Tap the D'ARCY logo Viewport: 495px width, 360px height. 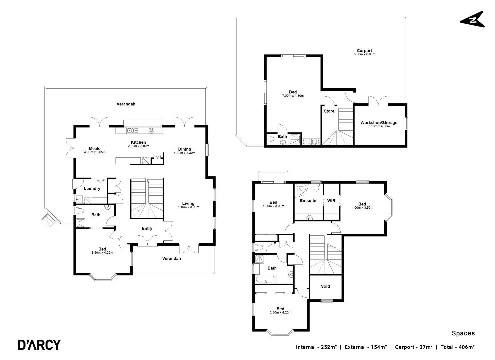pos(39,345)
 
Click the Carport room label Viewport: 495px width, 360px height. pos(364,51)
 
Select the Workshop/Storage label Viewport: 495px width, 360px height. pos(379,123)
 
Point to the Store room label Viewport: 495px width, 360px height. pos(329,111)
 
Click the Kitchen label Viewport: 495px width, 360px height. pos(138,142)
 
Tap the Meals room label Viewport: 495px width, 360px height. pos(94,149)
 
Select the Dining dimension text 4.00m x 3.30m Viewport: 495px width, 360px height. pos(184,153)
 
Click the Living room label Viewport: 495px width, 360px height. pos(188,203)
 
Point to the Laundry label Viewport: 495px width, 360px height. pos(92,188)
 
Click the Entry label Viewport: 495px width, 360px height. pos(147,228)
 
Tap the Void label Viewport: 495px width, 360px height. pos(325,286)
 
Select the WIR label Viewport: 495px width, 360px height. pos(331,201)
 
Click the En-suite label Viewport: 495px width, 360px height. pos(308,201)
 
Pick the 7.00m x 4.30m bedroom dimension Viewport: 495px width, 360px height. pos(293,96)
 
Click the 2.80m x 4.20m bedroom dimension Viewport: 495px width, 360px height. pos(280,313)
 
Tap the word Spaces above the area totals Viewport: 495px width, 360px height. pos(463,333)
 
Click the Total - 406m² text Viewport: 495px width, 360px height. pos(457,347)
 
